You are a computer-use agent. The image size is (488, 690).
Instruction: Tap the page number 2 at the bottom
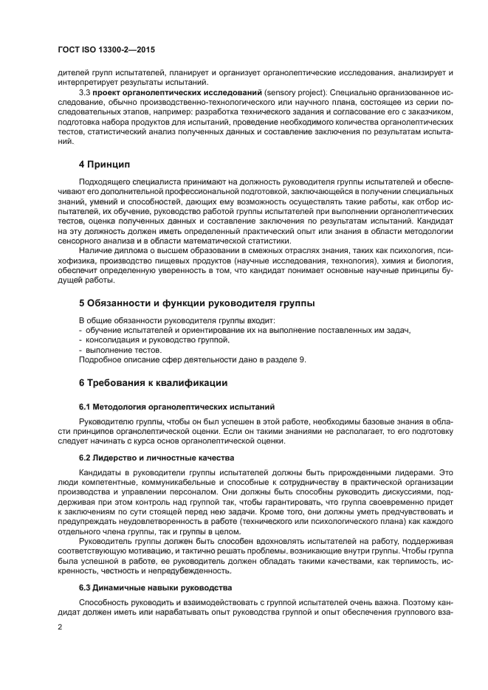pyautogui.click(x=61, y=626)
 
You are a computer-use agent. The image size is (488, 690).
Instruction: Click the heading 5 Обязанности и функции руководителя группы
pyautogui.click(x=196, y=303)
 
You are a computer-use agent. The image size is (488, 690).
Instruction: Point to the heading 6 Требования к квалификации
pyautogui.click(x=154, y=382)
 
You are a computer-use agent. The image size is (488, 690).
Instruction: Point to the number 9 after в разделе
pyautogui.click(x=301, y=359)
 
